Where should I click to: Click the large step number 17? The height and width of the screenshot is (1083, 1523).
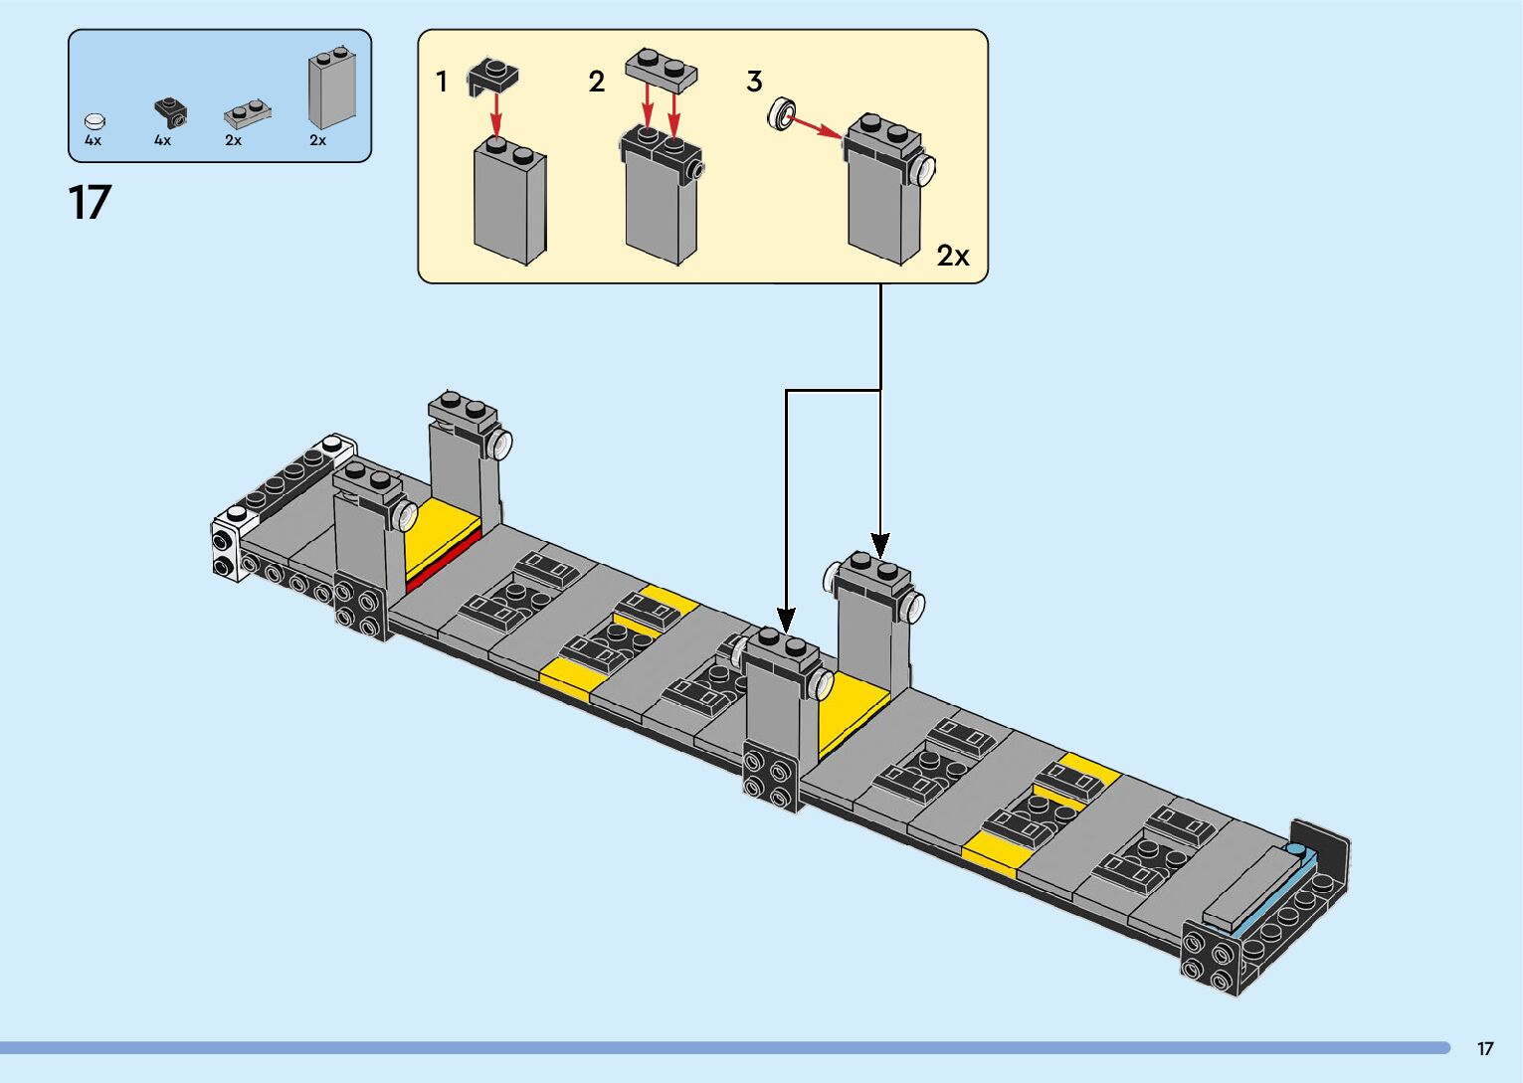pos(90,202)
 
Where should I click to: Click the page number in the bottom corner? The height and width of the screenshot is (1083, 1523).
pos(1484,1048)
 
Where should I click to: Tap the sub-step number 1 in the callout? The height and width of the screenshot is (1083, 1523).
pos(442,82)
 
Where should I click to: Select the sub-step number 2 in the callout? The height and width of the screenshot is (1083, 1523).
pos(596,82)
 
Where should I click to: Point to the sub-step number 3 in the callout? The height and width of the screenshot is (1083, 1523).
pos(754,82)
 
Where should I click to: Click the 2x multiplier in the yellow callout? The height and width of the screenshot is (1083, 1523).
pos(952,257)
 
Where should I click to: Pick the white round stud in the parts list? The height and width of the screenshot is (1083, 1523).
pos(95,121)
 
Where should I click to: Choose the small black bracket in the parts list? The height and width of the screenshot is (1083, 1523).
pos(170,111)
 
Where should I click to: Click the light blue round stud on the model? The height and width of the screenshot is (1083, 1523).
pos(1295,850)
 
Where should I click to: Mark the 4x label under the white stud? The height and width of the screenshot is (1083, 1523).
pos(93,141)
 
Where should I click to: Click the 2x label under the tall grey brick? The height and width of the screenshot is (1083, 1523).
pos(317,141)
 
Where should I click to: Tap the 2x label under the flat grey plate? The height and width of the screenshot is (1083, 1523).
pos(233,141)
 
